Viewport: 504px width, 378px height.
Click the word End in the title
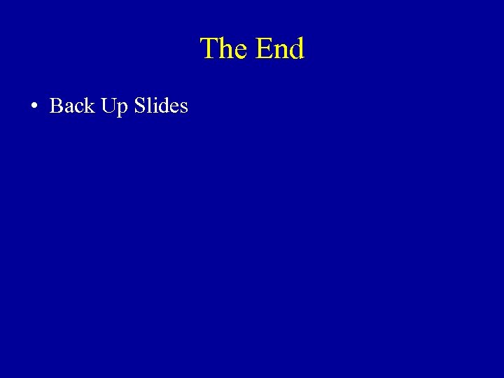click(x=280, y=49)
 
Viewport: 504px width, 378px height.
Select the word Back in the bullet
click(x=72, y=106)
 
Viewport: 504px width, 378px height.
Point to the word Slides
click(x=160, y=106)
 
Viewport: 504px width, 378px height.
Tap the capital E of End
click(x=264, y=49)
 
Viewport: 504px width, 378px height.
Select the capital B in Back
click(x=57, y=106)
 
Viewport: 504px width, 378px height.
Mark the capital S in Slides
click(x=139, y=106)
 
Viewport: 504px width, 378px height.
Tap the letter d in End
click(x=297, y=49)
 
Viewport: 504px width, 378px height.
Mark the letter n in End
click(x=281, y=51)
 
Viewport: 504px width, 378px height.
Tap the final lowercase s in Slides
click(x=183, y=108)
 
